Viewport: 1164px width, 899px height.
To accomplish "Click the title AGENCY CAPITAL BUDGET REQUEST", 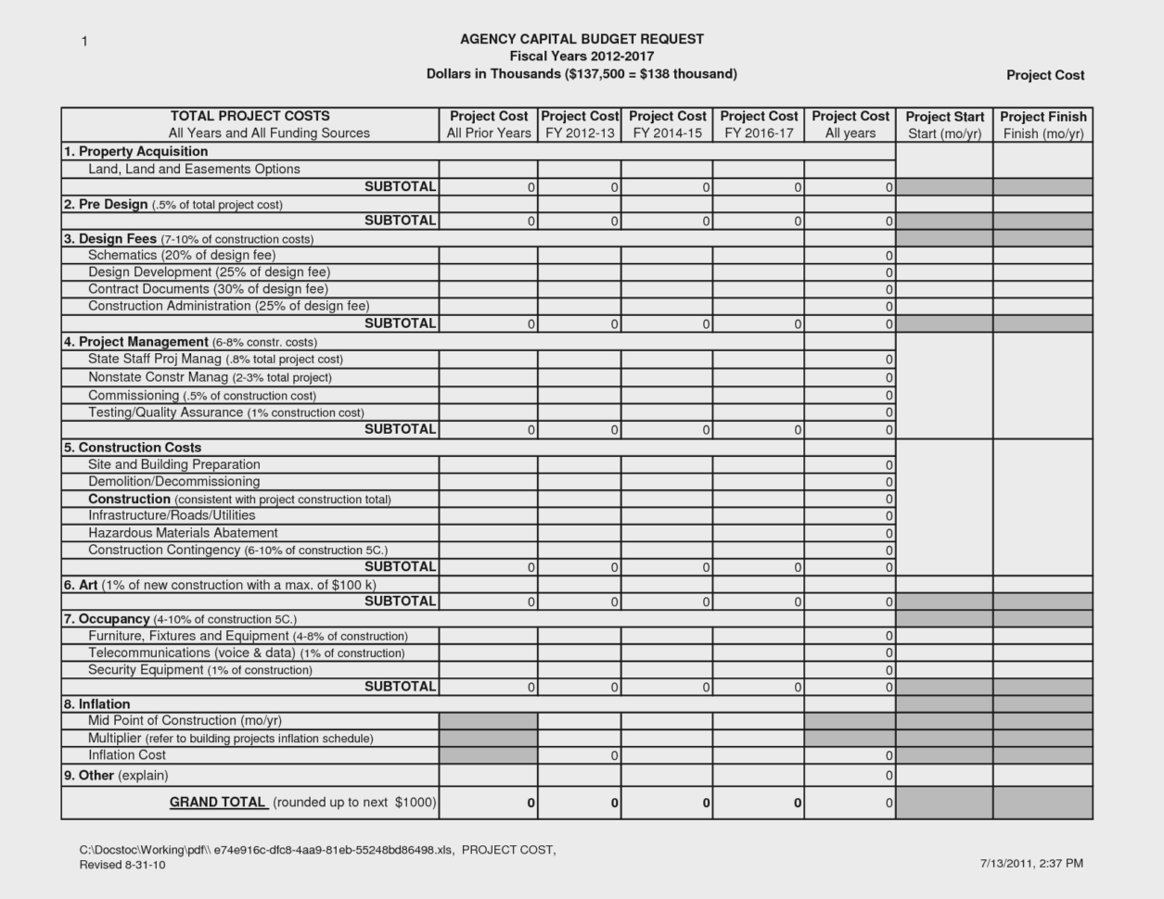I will click(x=582, y=39).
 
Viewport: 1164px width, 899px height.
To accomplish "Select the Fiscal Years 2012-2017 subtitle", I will click(x=582, y=57).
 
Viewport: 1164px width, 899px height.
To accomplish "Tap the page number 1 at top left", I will click(x=84, y=42).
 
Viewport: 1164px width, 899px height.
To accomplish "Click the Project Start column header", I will click(x=944, y=117).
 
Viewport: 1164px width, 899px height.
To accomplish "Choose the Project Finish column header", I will click(x=1042, y=117).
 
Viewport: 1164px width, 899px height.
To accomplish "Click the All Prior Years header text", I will click(x=488, y=133).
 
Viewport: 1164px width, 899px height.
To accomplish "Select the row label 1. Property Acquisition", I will click(x=135, y=152).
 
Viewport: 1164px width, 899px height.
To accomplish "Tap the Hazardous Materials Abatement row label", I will click(x=183, y=533).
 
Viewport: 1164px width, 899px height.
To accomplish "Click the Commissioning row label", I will click(x=201, y=396).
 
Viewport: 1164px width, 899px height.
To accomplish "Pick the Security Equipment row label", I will click(x=199, y=670).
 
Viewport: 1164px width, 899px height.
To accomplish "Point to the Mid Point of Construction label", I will click(x=185, y=721).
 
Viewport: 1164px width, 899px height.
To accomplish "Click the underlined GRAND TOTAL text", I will click(x=218, y=803).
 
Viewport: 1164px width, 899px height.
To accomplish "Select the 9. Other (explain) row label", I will click(x=116, y=776).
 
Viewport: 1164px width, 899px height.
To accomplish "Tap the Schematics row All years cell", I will click(x=850, y=256).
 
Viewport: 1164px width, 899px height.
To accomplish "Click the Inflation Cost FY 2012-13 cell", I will click(x=580, y=756).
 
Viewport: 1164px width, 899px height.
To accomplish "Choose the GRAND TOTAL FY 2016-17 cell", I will click(x=759, y=804).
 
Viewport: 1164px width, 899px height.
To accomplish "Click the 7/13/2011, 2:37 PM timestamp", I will click(x=1031, y=864).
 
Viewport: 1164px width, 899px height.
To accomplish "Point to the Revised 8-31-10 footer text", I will click(x=122, y=866).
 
